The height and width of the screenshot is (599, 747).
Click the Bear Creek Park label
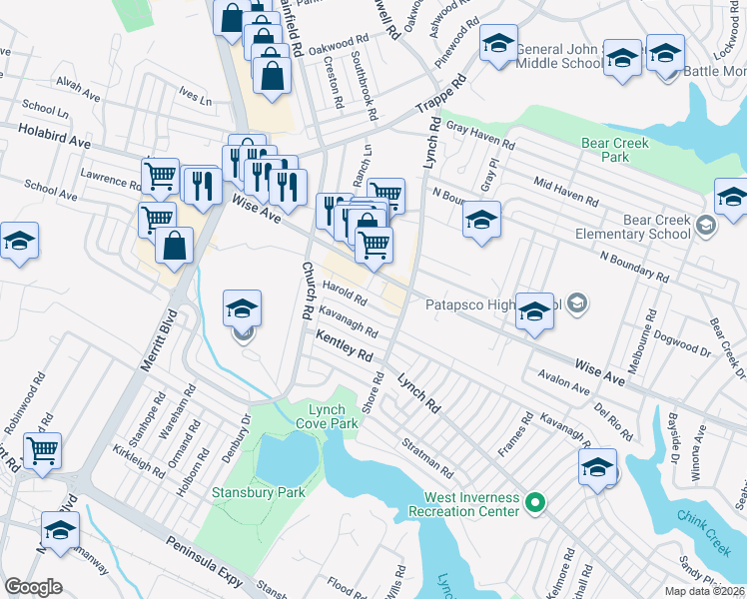615,150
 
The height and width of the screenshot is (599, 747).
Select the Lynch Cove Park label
326,416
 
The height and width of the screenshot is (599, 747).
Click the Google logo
33,586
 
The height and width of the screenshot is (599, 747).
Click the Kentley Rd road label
344,348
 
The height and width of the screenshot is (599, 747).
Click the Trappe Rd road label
443,95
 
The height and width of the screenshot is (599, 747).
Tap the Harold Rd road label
345,297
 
